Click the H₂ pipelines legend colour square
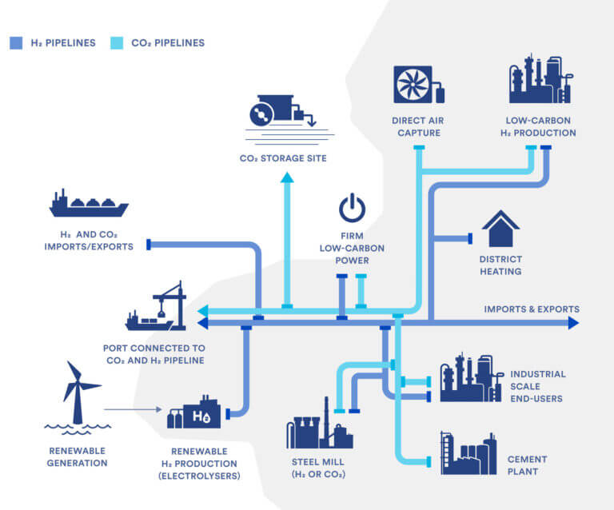click(15, 42)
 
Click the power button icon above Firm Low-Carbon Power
click(352, 209)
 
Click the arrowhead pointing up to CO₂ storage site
click(286, 177)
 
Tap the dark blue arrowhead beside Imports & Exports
click(573, 323)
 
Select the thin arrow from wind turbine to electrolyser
click(133, 410)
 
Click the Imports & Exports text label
click(532, 309)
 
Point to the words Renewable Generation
click(76, 456)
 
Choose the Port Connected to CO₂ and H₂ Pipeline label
click(153, 354)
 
